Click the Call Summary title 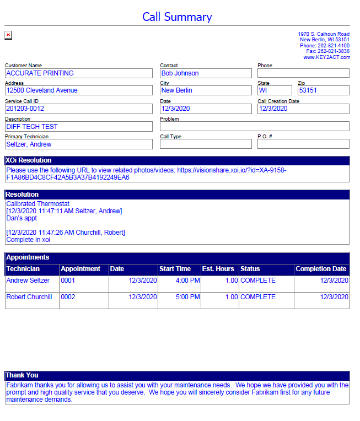coord(176,17)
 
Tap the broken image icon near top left coord(8,35)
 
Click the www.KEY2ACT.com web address coord(326,57)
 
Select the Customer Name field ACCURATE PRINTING coord(78,73)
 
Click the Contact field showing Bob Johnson coord(205,73)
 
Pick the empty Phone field coord(303,73)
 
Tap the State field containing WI coord(275,90)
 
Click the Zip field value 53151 coord(323,90)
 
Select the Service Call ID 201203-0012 coord(78,109)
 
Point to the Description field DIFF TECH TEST coord(78,127)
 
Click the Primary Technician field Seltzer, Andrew coord(78,144)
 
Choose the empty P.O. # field coord(303,144)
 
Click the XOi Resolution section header coord(29,160)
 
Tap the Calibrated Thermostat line coord(38,204)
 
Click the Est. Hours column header coord(219,269)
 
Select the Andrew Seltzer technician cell coord(28,280)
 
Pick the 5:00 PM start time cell coord(189,297)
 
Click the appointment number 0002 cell coord(68,297)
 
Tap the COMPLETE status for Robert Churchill coord(258,297)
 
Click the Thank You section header coord(22,375)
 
